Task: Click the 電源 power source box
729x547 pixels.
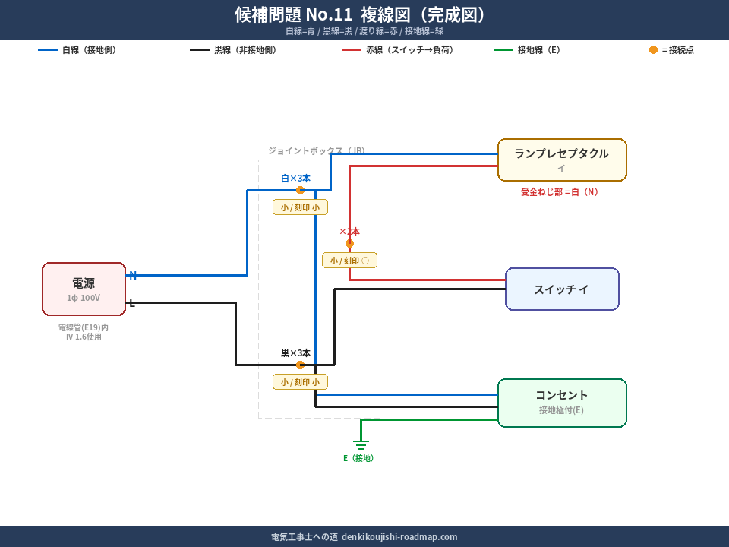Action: [84, 289]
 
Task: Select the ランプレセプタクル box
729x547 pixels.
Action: [562, 160]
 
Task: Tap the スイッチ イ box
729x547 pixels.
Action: [562, 289]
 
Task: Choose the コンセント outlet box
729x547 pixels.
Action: [562, 403]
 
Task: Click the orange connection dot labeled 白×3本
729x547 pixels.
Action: [300, 190]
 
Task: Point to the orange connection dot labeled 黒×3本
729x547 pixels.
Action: [300, 365]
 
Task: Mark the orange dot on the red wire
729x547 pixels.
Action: [349, 243]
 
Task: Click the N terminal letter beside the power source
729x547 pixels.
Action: [133, 275]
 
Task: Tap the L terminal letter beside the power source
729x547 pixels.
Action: [131, 302]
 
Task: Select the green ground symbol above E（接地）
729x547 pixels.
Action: [361, 444]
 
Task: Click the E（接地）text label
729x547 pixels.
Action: [360, 458]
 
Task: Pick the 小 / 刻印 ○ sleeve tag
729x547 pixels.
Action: [349, 261]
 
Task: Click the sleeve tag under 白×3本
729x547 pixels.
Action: [300, 207]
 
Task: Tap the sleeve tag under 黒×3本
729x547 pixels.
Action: [300, 381]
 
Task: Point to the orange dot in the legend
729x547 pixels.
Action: [653, 49]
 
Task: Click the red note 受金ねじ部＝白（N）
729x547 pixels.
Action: [560, 192]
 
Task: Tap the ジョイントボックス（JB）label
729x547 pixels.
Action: [317, 150]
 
